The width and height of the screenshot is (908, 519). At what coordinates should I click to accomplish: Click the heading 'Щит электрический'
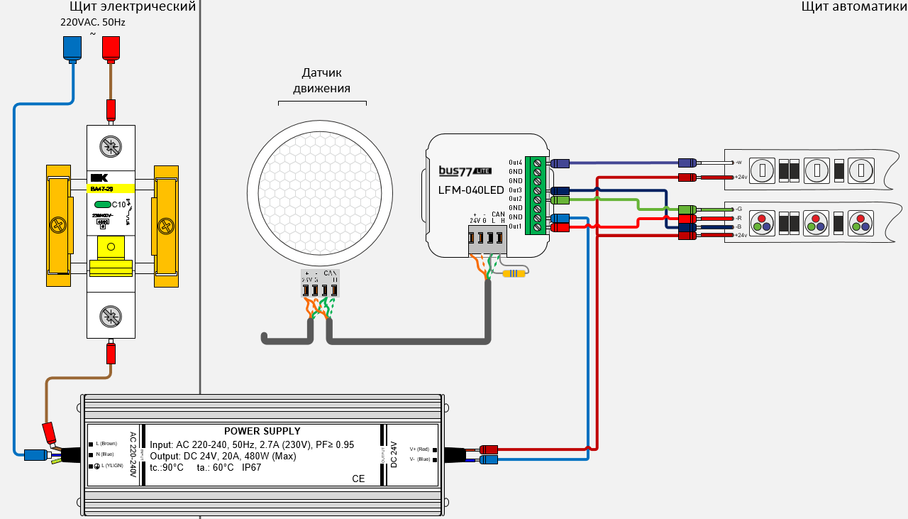click(x=132, y=7)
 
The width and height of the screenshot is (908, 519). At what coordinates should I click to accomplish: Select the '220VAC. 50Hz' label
click(x=92, y=22)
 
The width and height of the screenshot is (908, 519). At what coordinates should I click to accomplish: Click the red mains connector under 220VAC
click(x=110, y=47)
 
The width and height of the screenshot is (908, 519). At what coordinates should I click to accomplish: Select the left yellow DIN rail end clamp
click(x=58, y=225)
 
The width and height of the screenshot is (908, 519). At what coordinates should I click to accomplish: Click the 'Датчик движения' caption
click(x=322, y=80)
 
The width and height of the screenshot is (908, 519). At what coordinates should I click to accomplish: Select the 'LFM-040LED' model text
click(x=471, y=190)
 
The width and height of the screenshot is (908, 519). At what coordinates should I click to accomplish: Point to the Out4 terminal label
click(x=515, y=163)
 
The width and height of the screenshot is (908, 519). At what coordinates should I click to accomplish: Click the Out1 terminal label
click(x=515, y=226)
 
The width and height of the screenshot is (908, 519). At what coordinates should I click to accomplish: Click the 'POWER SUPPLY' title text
click(x=262, y=431)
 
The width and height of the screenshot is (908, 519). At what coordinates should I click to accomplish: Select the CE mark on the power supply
click(x=358, y=479)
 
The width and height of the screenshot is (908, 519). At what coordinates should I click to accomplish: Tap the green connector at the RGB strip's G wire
click(x=687, y=209)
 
